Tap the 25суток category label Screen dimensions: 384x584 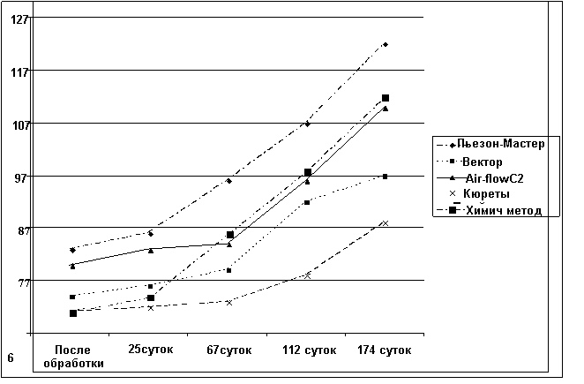tap(151, 350)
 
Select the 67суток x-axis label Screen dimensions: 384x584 tap(229, 350)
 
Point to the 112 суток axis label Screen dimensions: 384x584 tap(309, 350)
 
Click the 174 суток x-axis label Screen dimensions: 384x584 tap(386, 350)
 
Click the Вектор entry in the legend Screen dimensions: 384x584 tap(482, 162)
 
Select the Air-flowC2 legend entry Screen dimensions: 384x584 tap(494, 177)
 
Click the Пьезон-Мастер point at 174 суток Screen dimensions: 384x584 tap(386, 44)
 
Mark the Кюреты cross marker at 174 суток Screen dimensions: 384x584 tap(386, 222)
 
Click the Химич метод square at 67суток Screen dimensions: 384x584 tap(230, 235)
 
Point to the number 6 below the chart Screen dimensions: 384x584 tap(10, 358)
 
